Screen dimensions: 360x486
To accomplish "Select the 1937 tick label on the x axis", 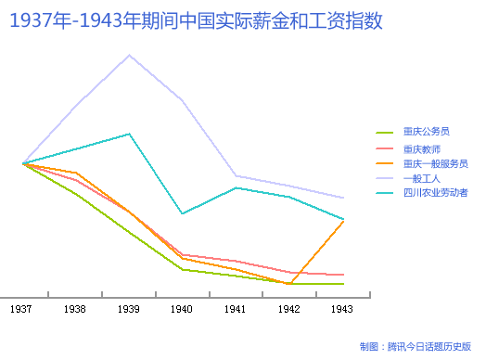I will [x=22, y=308].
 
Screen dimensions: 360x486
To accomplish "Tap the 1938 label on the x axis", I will [x=76, y=308].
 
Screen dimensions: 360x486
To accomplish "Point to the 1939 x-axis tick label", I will [x=129, y=308].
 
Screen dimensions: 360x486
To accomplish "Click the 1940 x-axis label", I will [x=182, y=308].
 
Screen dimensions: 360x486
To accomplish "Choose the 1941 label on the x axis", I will [x=236, y=308].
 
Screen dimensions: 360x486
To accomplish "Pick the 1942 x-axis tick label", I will [x=289, y=308].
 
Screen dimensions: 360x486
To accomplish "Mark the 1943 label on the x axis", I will [x=342, y=308].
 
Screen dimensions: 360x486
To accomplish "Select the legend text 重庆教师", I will [x=422, y=148].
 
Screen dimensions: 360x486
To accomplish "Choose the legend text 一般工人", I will [x=422, y=177].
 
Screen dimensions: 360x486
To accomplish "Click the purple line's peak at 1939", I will [x=130, y=55].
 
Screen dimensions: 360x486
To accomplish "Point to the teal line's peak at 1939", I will [x=130, y=134].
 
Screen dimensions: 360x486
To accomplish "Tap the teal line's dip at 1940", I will [x=182, y=213].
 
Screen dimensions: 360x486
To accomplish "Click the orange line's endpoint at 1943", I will [x=344, y=221].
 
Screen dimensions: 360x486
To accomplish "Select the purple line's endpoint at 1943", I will [x=344, y=198].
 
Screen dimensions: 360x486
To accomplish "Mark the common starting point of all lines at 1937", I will [x=22, y=163].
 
